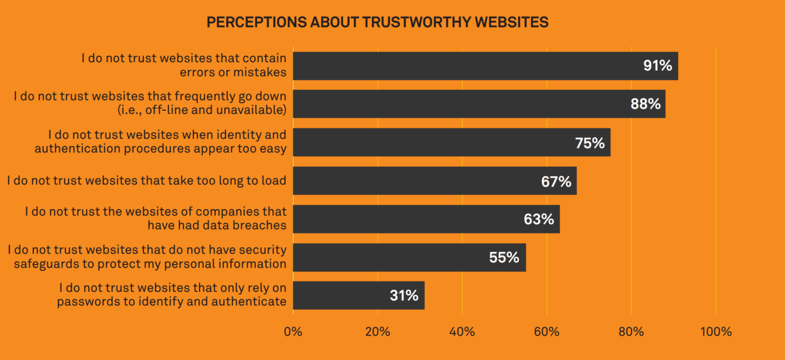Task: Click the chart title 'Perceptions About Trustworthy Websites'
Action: [x=377, y=22]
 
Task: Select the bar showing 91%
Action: [x=485, y=66]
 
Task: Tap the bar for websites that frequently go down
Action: [x=479, y=104]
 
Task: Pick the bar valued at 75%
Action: [x=451, y=142]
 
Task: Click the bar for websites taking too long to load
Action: [x=435, y=181]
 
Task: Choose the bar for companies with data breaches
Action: [x=426, y=219]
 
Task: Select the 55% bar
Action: [x=409, y=257]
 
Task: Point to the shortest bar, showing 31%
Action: [x=358, y=295]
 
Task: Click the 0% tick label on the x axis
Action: [x=293, y=331]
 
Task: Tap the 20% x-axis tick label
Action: [x=377, y=331]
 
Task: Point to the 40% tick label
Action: [x=462, y=331]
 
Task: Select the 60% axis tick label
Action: [x=547, y=331]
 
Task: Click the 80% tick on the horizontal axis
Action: [x=631, y=331]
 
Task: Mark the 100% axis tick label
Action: [x=715, y=331]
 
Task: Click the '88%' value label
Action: [x=646, y=104]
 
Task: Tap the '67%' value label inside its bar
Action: [x=556, y=181]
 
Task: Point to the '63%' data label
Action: [x=539, y=219]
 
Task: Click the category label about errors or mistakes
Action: [x=184, y=65]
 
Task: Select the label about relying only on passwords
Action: [x=172, y=295]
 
